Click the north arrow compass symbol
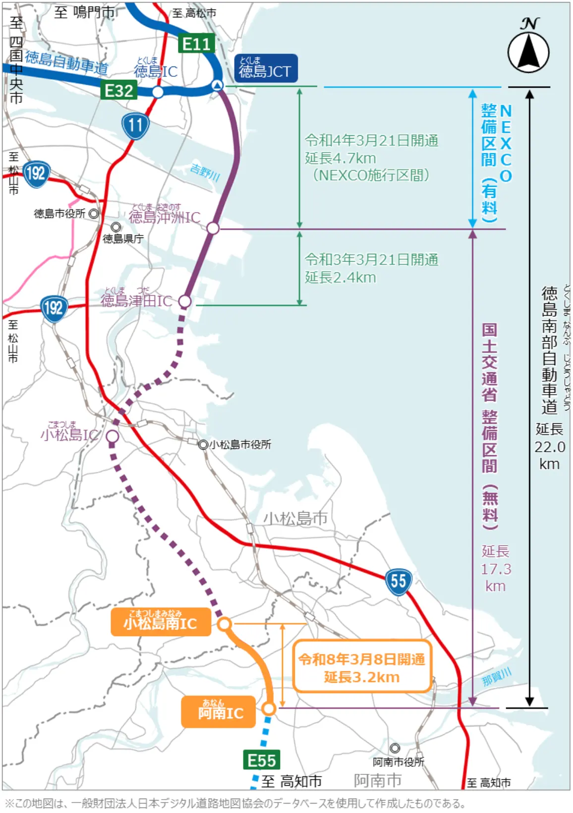coord(528,52)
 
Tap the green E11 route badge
coord(197,44)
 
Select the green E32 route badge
coord(119,91)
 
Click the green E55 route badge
coord(262,760)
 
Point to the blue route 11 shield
coord(135,125)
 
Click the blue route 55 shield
coord(398,581)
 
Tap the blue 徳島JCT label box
coord(266,68)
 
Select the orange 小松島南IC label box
coord(161,622)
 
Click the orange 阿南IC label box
coord(219,712)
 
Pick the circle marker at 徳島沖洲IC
coord(213,228)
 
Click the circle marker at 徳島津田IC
coord(184,301)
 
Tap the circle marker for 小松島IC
coord(113,436)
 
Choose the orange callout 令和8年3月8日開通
coord(362,667)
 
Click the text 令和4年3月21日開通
coord(371,141)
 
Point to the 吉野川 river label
coord(205,172)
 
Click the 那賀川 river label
coord(496,677)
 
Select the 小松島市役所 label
coord(240,445)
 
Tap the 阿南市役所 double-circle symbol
coord(395,748)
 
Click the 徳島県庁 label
coord(123,238)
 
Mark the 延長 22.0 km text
coord(549,446)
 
